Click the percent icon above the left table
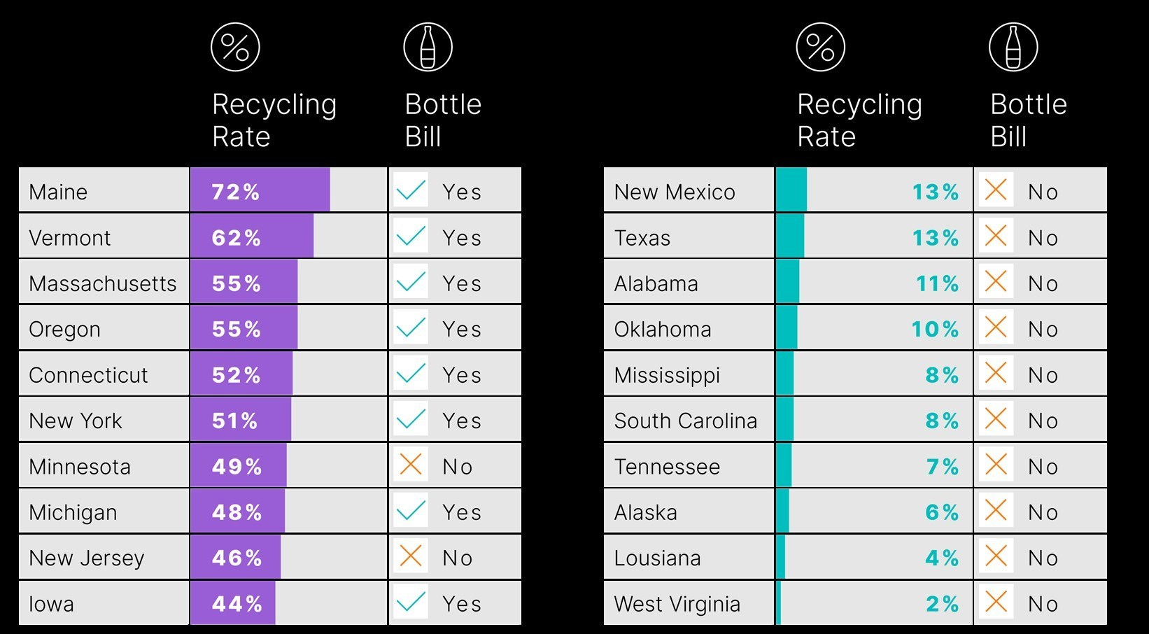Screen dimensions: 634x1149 [x=235, y=47]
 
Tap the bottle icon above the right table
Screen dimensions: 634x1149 [x=1013, y=47]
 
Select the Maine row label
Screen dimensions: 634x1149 [x=58, y=192]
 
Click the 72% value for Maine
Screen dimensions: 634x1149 [x=236, y=192]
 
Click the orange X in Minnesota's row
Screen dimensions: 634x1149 [x=411, y=465]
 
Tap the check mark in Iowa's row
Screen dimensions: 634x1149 [x=411, y=603]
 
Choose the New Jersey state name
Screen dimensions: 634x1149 [x=87, y=558]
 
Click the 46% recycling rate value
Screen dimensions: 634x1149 [x=237, y=558]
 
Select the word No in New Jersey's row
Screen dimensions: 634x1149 [x=458, y=558]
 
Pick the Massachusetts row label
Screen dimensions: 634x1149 [x=103, y=283]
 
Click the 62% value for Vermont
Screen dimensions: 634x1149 [x=236, y=238]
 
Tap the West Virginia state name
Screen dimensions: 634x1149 [x=677, y=604]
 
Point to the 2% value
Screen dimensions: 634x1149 [x=942, y=604]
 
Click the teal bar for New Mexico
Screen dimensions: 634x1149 [x=791, y=190]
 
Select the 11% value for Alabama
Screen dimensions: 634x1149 [x=937, y=283]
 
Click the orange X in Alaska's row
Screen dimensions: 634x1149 [x=996, y=511]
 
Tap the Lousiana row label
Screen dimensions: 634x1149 [x=657, y=558]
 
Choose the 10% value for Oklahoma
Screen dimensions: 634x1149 [x=935, y=329]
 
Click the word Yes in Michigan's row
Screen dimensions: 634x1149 [x=462, y=512]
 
